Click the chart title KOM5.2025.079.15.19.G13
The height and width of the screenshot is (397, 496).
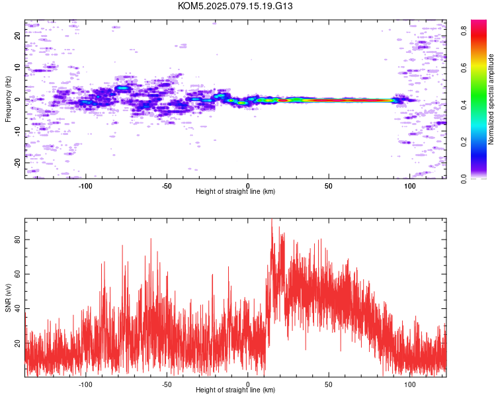[235, 6]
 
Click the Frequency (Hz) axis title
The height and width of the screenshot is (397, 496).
[8, 99]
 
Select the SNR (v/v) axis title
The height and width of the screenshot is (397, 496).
[8, 298]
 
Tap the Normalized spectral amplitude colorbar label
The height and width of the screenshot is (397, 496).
[491, 99]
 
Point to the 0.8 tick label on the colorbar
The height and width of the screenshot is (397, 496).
[464, 30]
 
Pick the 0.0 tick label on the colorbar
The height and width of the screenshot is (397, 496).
[464, 179]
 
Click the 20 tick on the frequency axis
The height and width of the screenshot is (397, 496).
[17, 36]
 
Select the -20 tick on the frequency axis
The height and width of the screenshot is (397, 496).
[17, 163]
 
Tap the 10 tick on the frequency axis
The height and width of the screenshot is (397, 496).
[17, 67]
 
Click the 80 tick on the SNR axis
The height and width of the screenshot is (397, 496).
[17, 240]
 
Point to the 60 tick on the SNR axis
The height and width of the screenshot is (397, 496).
[17, 274]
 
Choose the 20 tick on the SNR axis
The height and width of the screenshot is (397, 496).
[17, 343]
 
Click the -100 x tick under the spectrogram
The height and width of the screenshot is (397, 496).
[85, 186]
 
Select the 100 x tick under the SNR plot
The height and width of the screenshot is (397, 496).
[410, 384]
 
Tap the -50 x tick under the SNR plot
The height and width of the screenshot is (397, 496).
[167, 384]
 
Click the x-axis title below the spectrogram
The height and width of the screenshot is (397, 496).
[235, 191]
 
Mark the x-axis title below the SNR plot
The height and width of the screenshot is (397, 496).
[235, 390]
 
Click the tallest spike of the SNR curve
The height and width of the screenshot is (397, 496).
[271, 220]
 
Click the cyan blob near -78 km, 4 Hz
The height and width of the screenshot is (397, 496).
[122, 88]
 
